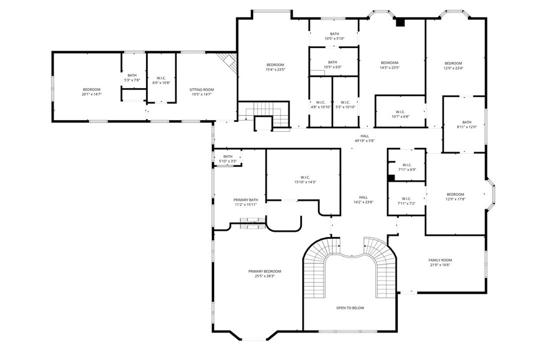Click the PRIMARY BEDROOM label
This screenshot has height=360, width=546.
[x=264, y=271]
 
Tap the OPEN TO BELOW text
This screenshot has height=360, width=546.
[x=350, y=308]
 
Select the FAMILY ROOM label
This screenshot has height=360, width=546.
[x=440, y=260]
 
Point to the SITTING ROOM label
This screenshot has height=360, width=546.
[x=202, y=90]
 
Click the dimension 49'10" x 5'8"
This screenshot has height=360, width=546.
[x=365, y=141]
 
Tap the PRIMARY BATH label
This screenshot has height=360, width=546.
[x=246, y=200]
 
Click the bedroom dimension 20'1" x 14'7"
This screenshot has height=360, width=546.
[x=92, y=94]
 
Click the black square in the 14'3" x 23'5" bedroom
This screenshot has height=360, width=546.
[x=400, y=22]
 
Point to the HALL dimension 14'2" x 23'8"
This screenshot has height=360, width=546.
[x=364, y=202]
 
